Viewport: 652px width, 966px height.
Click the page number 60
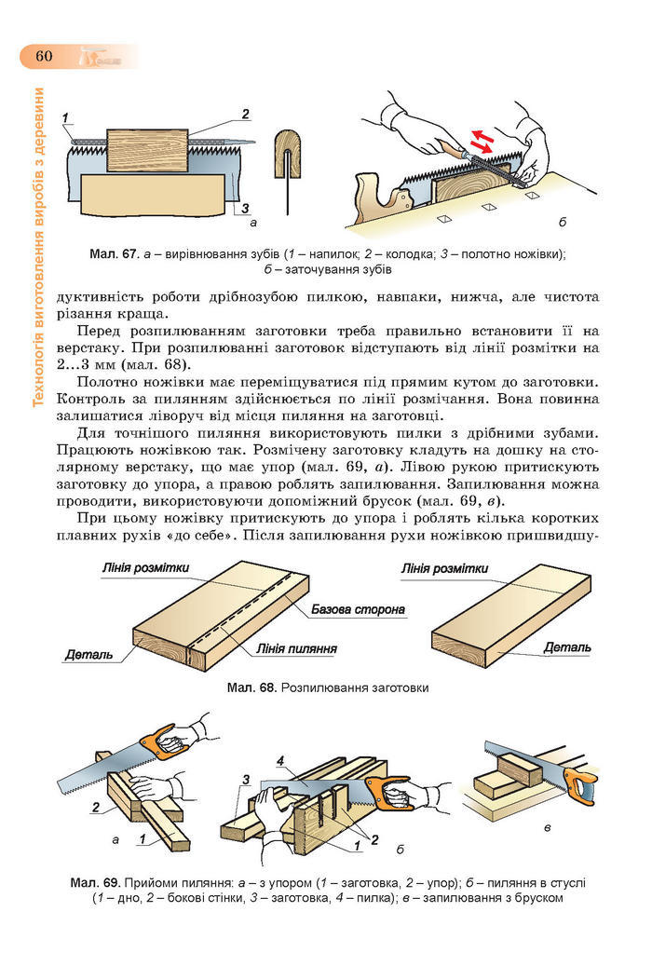[44, 56]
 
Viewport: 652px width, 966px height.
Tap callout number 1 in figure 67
[67, 117]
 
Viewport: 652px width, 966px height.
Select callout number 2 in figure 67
[245, 114]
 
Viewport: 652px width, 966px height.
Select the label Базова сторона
[358, 611]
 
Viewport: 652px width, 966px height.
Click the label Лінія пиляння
[294, 648]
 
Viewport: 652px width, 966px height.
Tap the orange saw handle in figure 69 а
[164, 742]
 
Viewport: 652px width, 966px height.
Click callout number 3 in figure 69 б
[246, 778]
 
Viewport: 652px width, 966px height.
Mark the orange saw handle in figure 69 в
[579, 787]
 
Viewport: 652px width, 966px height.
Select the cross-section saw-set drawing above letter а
[288, 159]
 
